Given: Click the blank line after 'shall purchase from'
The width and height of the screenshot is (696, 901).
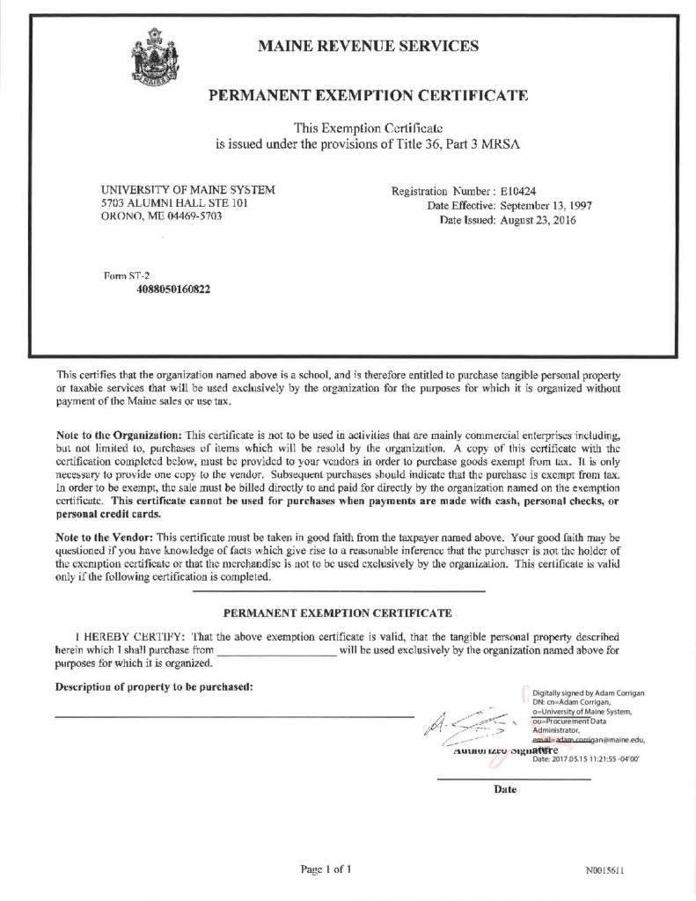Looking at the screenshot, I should click(277, 652).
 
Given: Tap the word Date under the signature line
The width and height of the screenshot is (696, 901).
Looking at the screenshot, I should click(505, 789).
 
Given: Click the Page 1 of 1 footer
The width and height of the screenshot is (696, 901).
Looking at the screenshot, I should click(326, 870).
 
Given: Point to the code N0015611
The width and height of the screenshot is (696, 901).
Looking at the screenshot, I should click(604, 871).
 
